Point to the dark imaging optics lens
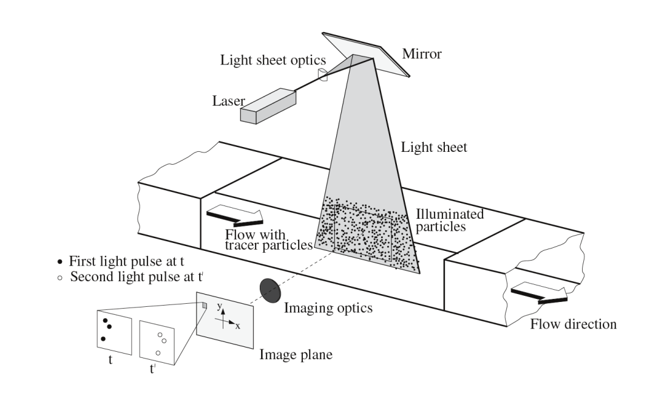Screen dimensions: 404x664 (269, 290)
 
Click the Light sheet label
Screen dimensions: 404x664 (435, 148)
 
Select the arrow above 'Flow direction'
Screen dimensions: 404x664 (538, 295)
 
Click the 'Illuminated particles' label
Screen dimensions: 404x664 (441, 221)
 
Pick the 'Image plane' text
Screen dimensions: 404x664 (296, 355)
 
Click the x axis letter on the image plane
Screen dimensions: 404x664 (238, 326)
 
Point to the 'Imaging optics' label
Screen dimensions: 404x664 (328, 309)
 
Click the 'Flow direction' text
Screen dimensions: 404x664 (574, 324)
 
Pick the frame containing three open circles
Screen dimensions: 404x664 (157, 343)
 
